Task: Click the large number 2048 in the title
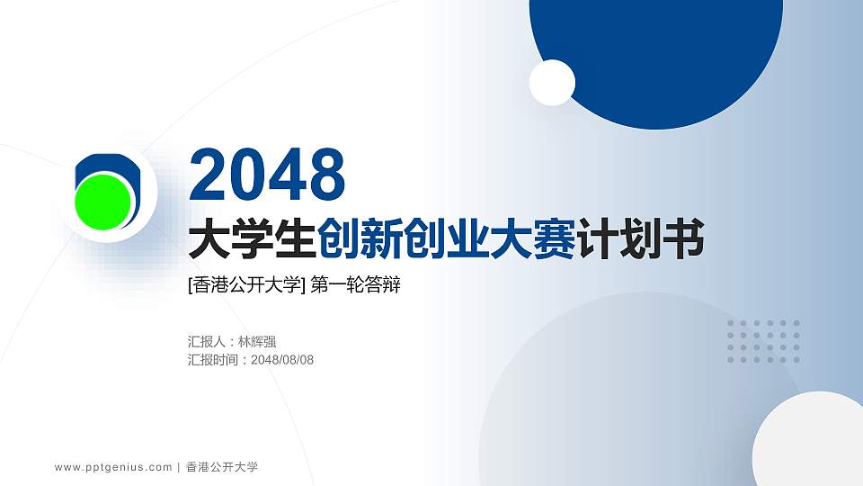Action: pos(267,175)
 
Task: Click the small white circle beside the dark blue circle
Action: pos(552,83)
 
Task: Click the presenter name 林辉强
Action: pos(257,342)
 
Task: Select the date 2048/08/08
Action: pos(282,360)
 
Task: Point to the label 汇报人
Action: pos(207,342)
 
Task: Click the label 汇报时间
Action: pos(213,360)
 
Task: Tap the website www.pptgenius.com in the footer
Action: pos(113,467)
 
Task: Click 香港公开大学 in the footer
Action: pos(222,467)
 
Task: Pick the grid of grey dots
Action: pos(763,342)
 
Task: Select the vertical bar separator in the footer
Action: pos(179,467)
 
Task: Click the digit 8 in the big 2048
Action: pos(325,175)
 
